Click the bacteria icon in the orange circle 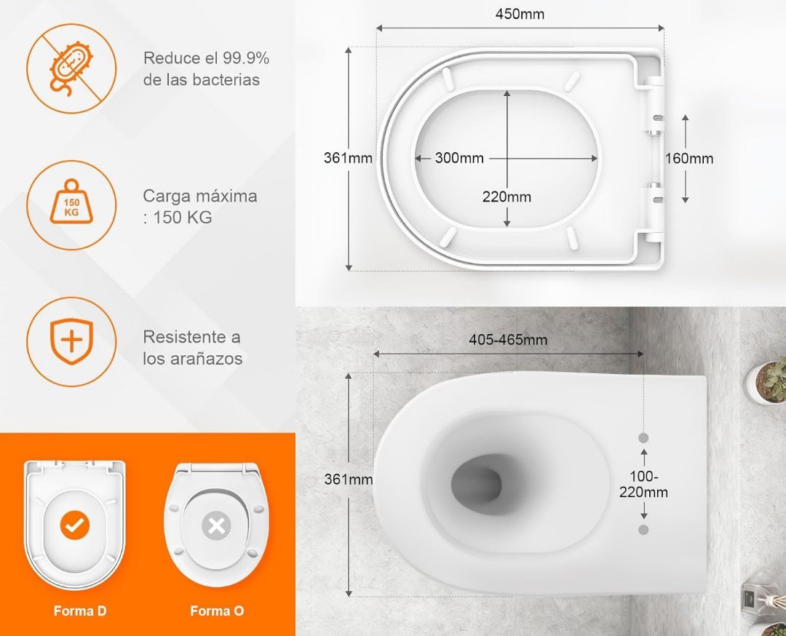[71, 68]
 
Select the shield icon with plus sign [71, 341]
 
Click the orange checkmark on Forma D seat [75, 525]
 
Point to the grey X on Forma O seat [217, 526]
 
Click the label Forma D [80, 611]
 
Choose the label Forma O [217, 611]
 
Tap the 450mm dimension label [520, 14]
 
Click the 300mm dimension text [459, 159]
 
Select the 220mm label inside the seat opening [507, 197]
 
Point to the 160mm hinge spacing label [689, 159]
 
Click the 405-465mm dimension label [508, 340]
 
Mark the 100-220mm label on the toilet [643, 484]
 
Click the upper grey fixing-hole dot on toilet [643, 438]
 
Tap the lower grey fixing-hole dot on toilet [643, 530]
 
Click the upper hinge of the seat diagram [654, 106]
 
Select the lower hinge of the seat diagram [654, 212]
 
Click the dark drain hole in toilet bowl [476, 482]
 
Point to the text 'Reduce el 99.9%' [207, 58]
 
